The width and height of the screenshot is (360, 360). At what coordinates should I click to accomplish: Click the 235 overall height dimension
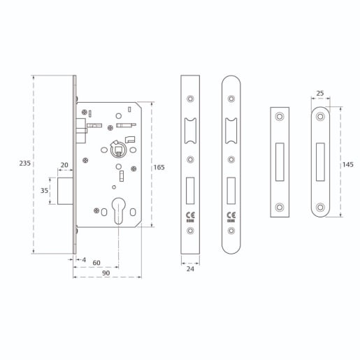pos(24,163)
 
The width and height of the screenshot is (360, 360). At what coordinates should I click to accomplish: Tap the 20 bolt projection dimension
pos(64,165)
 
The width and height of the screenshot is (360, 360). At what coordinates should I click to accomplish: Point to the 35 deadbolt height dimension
pos(44,190)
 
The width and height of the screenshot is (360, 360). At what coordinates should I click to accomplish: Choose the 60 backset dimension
pos(96,263)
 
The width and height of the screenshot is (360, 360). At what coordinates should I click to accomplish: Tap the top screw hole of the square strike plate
pos(280,116)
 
